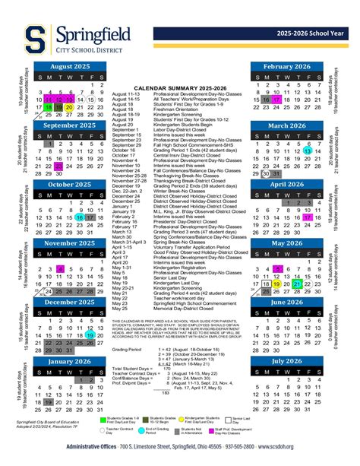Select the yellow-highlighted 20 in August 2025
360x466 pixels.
(69, 108)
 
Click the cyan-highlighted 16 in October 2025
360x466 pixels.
(80, 217)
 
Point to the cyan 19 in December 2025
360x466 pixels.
(90, 334)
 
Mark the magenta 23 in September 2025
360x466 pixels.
(58, 165)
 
